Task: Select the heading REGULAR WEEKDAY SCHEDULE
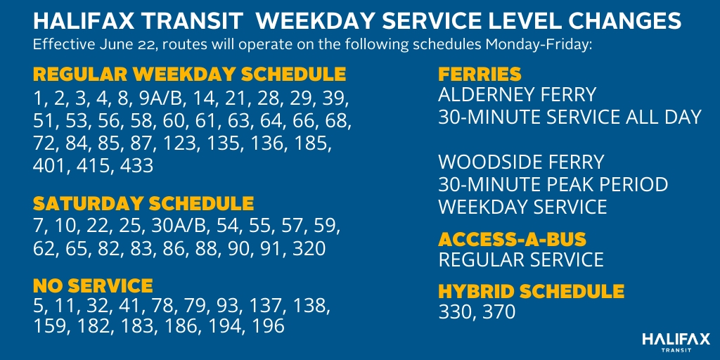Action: point(189,74)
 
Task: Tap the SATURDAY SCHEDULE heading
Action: point(143,203)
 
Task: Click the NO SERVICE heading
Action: point(93,285)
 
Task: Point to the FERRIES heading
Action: point(480,74)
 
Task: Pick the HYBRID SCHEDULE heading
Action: point(532,291)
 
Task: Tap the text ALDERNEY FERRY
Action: point(517,95)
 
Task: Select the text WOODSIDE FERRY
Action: point(521,162)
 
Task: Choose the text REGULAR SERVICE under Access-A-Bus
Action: point(521,259)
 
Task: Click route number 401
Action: point(47,166)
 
